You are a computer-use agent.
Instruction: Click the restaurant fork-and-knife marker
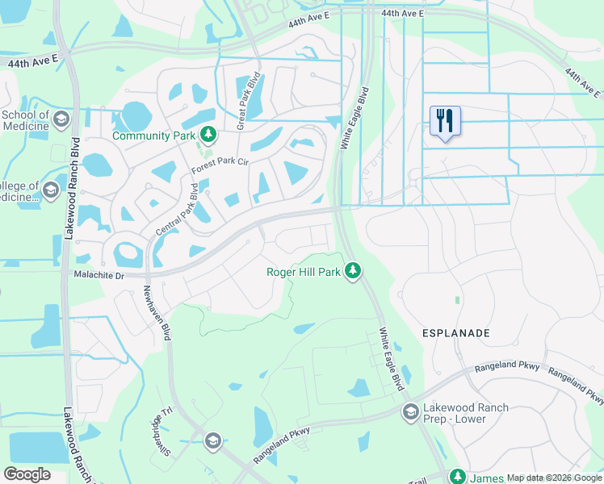pos(445,121)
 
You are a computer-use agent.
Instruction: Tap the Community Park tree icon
pos(209,134)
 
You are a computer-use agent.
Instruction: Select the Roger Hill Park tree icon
pos(352,271)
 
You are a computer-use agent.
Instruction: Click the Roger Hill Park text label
pos(304,272)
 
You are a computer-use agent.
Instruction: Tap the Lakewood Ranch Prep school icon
pos(411,412)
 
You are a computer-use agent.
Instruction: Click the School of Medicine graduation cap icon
pos(61,121)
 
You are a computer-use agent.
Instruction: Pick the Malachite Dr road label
pos(96,276)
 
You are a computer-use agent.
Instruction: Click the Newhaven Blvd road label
pos(157,313)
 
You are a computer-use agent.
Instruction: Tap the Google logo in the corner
pos(27,474)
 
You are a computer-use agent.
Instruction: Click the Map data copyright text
pos(554,478)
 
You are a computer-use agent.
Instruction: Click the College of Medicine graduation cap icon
pos(51,191)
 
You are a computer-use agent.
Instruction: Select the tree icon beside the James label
pos(458,477)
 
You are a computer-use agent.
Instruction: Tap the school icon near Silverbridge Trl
pos(212,440)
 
